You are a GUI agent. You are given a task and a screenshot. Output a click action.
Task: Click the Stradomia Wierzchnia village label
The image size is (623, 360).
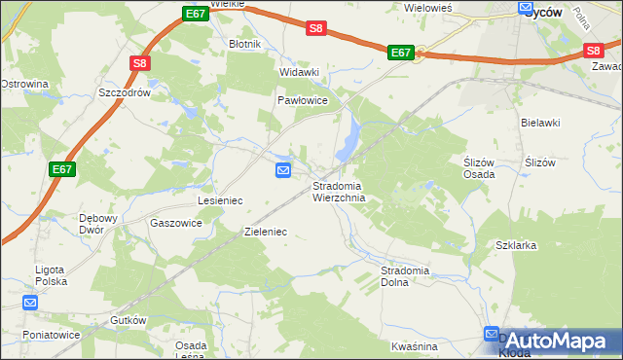coord(339,192)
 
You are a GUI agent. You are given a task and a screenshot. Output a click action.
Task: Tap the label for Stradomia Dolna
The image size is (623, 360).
coord(407,275)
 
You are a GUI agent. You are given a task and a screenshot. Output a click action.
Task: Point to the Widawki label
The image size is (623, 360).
coord(299,72)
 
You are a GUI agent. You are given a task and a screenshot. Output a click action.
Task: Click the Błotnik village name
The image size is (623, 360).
coord(244,44)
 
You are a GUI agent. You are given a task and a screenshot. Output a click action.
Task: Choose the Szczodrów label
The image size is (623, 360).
coord(124,92)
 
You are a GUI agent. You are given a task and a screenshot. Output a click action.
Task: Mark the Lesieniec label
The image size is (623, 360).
coord(220,199)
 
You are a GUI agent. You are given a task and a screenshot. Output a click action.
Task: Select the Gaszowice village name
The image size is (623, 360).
coord(176,223)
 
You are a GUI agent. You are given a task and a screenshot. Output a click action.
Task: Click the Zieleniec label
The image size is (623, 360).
coord(265,233)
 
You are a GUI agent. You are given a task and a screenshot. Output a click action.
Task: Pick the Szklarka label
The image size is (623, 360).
coord(516,245)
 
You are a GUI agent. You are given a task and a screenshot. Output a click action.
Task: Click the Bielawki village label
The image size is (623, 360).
coord(540,123)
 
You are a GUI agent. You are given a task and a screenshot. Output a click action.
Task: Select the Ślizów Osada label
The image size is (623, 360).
coord(478,168)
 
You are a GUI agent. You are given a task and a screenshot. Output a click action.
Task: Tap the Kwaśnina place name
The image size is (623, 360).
coord(414,346)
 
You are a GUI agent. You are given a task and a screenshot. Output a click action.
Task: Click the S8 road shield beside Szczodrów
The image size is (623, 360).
coord(140,64)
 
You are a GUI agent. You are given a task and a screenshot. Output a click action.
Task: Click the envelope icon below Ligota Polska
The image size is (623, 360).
coord(30,304)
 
